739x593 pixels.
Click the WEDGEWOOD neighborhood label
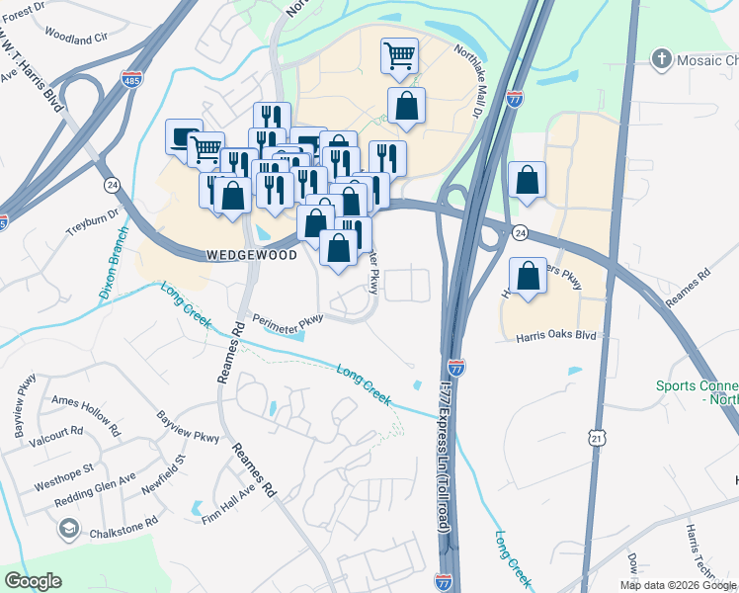(252, 255)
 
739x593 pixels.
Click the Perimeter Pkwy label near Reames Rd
(288, 320)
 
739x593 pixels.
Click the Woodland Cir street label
(75, 39)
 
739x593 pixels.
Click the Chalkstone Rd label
(123, 521)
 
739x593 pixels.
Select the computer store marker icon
(184, 136)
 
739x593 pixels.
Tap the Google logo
(34, 581)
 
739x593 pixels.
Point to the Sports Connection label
(697, 392)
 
